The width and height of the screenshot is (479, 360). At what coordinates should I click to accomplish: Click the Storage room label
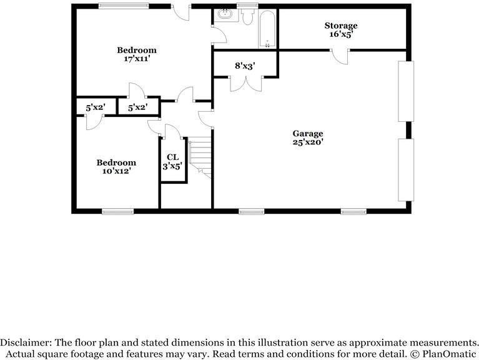point(340,26)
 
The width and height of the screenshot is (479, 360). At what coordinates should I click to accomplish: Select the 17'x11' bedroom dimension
point(136,59)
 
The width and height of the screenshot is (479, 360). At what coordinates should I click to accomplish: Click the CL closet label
point(173,157)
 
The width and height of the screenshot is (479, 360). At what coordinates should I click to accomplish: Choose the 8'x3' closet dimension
point(245,65)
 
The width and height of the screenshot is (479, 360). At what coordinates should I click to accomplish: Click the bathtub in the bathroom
point(267,29)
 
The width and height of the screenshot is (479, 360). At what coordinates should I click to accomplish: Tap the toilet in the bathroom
point(247,17)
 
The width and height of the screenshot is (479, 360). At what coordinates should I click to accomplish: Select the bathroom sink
point(224,16)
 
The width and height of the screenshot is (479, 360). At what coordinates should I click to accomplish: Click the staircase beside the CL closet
point(200,156)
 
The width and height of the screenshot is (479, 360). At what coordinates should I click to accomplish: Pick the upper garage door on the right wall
point(405,91)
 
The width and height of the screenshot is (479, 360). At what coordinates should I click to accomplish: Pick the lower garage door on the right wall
point(405,169)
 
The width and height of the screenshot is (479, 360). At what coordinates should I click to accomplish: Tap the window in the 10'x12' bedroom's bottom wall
point(117,211)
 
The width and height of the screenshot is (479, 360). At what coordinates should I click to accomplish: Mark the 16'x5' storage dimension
point(340,34)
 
